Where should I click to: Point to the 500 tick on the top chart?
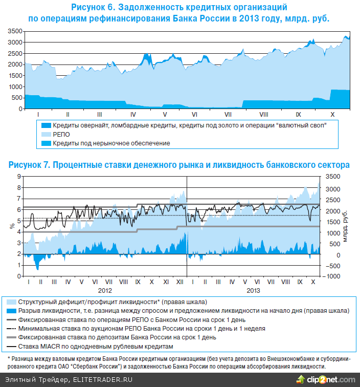pyautogui.click(x=17, y=98)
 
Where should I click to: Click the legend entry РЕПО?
pyautogui.click(x=61, y=134)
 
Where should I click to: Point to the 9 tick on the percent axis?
pyautogui.click(x=19, y=176)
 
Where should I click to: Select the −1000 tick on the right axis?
pyautogui.click(x=332, y=276)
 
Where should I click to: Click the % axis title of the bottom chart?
pyautogui.click(x=11, y=226)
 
